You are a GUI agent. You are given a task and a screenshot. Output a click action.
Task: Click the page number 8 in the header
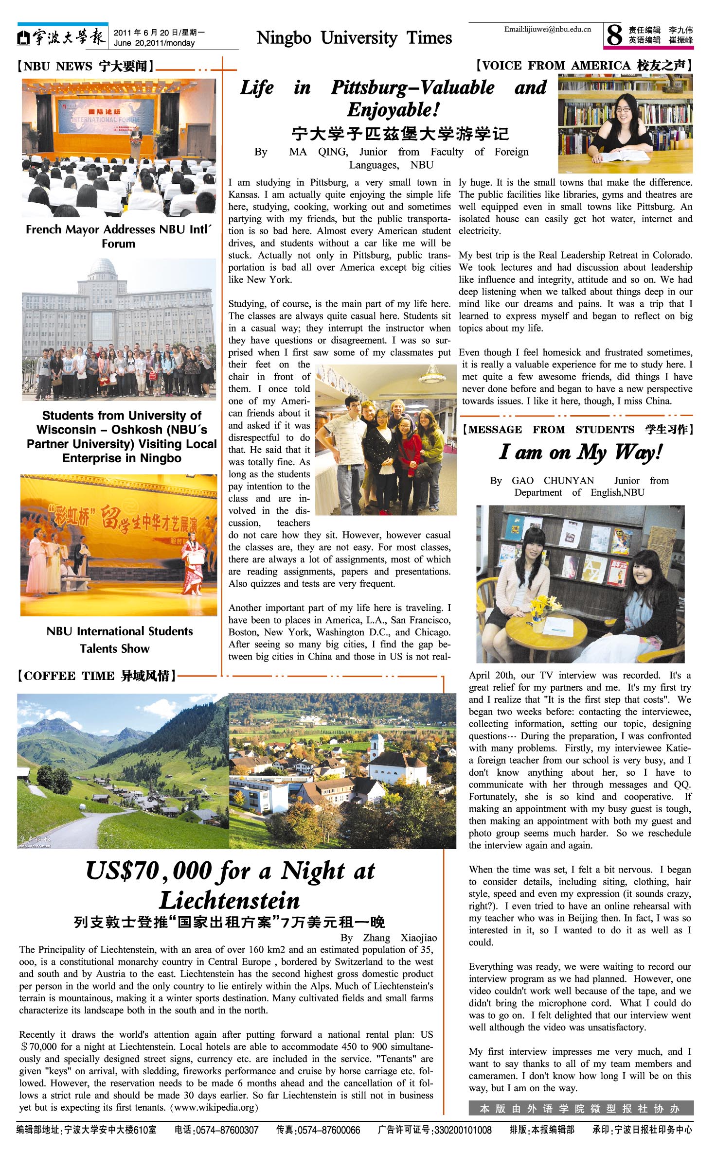615,35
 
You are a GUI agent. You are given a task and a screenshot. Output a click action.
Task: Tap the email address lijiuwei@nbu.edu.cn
547,29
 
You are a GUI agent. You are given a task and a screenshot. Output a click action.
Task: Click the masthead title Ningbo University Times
354,38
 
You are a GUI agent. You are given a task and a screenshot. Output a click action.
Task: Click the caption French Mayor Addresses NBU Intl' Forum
119,236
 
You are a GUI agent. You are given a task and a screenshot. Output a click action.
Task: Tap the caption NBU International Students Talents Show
119,640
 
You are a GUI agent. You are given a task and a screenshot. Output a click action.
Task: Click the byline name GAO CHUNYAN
553,480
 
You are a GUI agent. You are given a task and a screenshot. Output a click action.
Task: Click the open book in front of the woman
618,156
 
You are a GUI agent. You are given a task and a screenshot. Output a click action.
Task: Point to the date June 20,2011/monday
154,43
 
